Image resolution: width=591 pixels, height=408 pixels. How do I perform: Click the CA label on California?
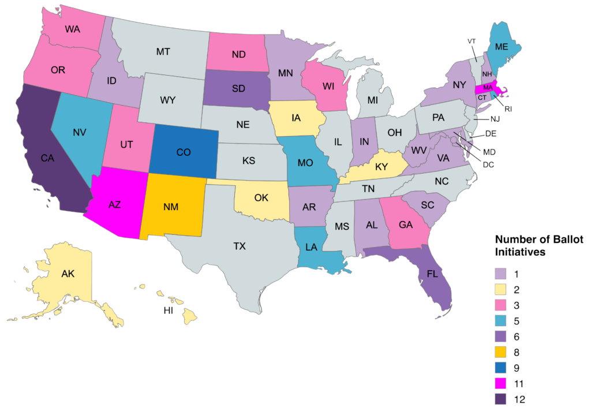point(47,158)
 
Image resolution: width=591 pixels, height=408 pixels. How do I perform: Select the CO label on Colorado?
point(183,152)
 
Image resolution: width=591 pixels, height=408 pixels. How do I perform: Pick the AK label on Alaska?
point(68,274)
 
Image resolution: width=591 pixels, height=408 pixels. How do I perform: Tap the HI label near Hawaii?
point(168,311)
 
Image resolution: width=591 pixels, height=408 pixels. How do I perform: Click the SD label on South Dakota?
point(237,89)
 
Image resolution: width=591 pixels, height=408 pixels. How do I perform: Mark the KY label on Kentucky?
point(380,167)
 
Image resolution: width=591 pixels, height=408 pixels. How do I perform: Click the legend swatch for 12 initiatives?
point(500,399)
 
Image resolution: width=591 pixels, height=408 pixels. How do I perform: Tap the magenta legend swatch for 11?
point(500,383)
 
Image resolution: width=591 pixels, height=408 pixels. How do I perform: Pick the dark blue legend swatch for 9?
point(500,367)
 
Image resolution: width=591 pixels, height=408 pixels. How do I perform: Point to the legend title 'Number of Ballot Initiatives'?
point(531,246)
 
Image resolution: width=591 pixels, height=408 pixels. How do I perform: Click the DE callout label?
point(490,133)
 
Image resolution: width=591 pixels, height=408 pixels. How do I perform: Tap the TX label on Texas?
point(240,246)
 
